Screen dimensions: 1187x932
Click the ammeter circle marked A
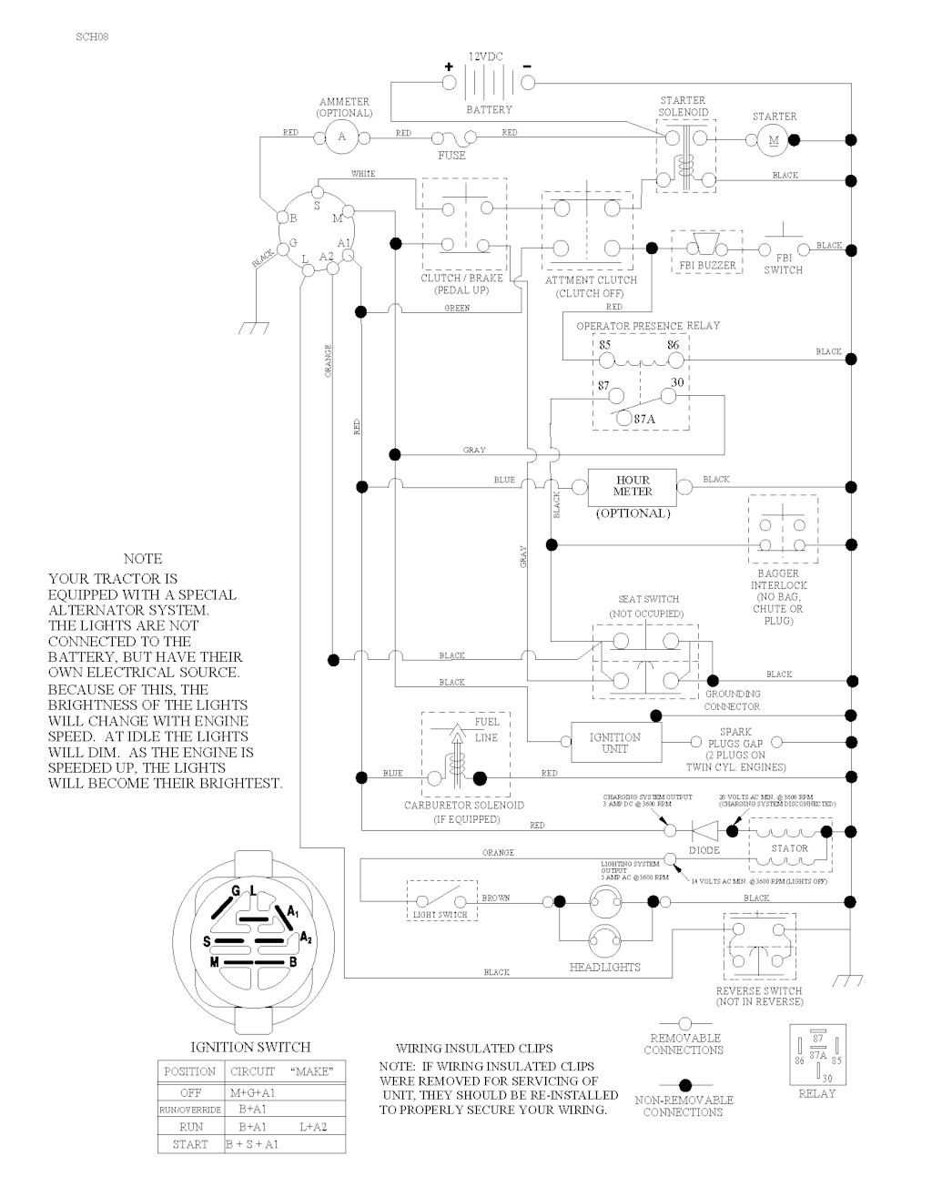342,137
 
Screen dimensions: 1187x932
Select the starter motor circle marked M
775,139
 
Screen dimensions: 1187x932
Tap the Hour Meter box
633,486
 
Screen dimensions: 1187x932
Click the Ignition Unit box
615,743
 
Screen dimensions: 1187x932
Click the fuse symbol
451,139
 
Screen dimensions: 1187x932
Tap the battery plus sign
448,66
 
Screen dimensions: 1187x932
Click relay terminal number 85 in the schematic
605,346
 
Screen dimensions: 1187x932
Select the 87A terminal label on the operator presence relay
645,420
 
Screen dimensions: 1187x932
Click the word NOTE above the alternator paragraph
143,559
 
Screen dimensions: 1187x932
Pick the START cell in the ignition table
190,1144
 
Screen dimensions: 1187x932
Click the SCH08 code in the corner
94,37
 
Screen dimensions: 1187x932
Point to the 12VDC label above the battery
487,56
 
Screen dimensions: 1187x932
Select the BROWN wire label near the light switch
496,898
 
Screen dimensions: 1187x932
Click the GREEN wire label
457,309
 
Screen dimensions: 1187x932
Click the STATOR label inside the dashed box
789,848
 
